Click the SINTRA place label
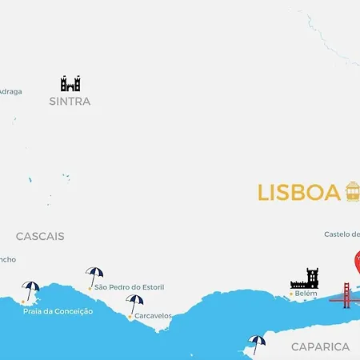[70, 102]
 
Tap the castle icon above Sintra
[70, 83]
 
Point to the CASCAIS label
[40, 237]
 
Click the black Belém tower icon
[305, 278]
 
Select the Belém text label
[306, 294]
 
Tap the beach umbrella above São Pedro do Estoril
[94, 275]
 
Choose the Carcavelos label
[153, 316]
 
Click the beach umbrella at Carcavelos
[134, 303]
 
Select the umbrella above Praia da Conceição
[30, 290]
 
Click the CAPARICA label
[320, 346]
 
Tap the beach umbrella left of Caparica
[256, 342]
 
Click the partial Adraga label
[10, 91]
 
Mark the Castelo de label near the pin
[342, 234]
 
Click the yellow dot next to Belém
[290, 294]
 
